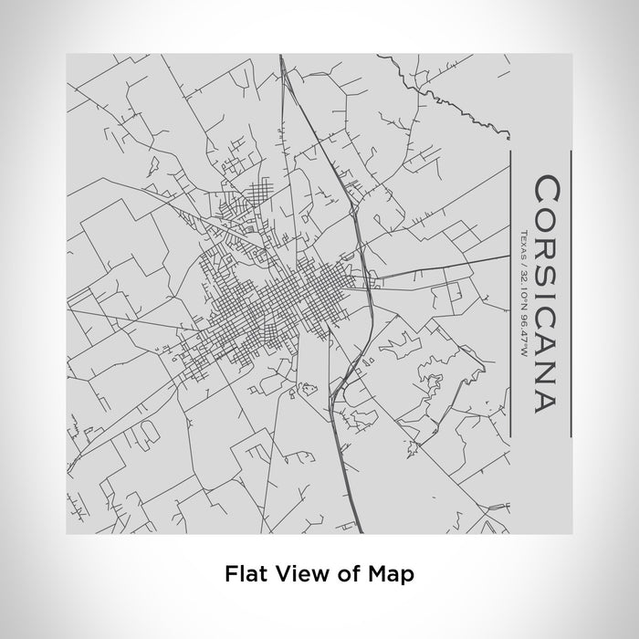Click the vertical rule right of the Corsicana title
coord(570,294)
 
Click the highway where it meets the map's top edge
coord(281,57)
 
